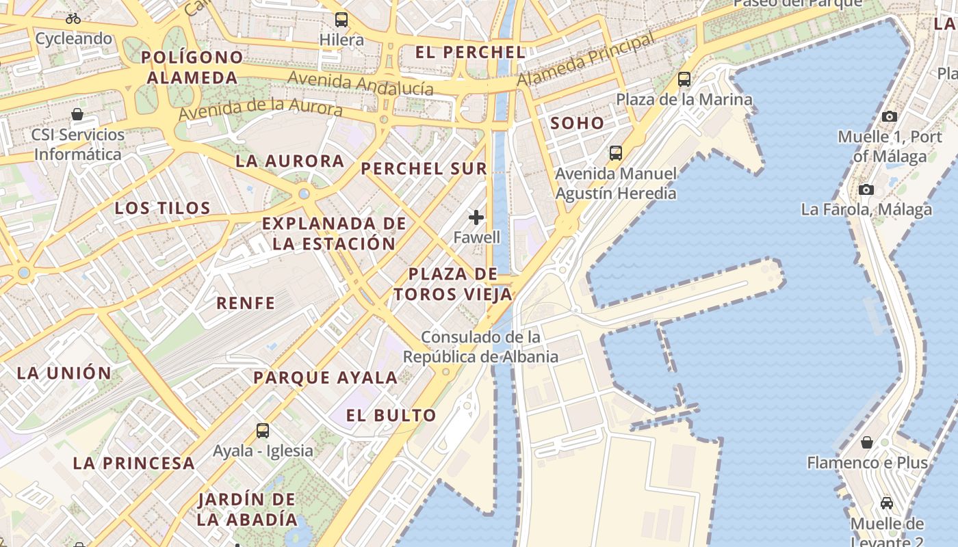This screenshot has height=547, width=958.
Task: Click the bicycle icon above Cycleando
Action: pyautogui.click(x=73, y=18)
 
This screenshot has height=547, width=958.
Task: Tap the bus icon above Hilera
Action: pyautogui.click(x=341, y=20)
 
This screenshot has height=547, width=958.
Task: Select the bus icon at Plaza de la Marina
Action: pyautogui.click(x=684, y=79)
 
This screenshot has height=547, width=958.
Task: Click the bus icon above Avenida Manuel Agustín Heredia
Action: pyautogui.click(x=616, y=153)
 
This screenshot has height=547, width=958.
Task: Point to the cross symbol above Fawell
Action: pyautogui.click(x=476, y=217)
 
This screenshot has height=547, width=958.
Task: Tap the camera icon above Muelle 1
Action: pyautogui.click(x=890, y=116)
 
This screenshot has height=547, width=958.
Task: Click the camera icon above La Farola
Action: pyautogui.click(x=866, y=189)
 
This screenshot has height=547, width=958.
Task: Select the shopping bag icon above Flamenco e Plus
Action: pyautogui.click(x=867, y=442)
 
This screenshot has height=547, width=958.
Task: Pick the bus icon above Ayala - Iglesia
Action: pyautogui.click(x=263, y=431)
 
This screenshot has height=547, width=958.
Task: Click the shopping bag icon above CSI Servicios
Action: pyautogui.click(x=77, y=114)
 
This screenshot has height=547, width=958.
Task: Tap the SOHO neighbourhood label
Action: pyautogui.click(x=578, y=124)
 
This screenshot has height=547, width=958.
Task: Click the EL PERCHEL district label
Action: pyautogui.click(x=471, y=52)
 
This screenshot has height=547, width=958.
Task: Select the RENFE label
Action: pyautogui.click(x=246, y=303)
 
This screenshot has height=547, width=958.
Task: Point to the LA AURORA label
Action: pyautogui.click(x=290, y=161)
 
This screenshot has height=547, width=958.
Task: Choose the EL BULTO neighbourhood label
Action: pyautogui.click(x=391, y=415)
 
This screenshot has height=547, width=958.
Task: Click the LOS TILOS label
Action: pyautogui.click(x=162, y=209)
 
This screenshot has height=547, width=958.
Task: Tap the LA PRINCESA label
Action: pyautogui.click(x=134, y=463)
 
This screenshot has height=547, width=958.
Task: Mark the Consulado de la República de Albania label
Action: pyautogui.click(x=480, y=347)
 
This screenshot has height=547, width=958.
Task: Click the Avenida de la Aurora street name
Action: pyautogui.click(x=260, y=107)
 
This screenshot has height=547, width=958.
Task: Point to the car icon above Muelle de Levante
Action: pyautogui.click(x=887, y=503)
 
